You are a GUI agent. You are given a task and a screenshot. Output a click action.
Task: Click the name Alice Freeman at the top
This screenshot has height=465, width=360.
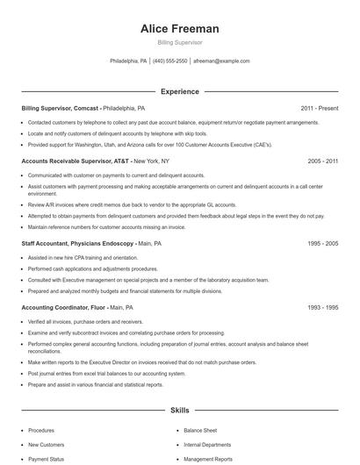(179, 29)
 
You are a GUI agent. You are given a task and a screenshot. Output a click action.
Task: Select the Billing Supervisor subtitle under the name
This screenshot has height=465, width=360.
(179, 42)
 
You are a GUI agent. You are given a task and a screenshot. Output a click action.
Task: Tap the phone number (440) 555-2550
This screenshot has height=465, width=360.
(170, 61)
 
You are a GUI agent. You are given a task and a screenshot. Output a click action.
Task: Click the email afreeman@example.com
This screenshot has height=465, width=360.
(221, 61)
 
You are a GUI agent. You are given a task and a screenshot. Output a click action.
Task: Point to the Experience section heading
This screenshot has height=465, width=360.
(179, 91)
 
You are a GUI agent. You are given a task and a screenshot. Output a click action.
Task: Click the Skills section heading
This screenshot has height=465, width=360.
(179, 410)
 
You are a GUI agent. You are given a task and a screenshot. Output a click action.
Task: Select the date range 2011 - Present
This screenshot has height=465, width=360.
(319, 108)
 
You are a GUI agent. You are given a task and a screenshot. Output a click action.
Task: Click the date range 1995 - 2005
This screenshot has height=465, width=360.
(322, 242)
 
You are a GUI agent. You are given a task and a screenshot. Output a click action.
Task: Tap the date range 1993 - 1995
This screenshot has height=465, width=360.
(322, 308)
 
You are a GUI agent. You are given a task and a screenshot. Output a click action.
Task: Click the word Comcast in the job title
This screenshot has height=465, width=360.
(86, 108)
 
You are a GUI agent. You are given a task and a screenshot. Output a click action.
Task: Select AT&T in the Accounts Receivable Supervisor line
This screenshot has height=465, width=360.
(119, 161)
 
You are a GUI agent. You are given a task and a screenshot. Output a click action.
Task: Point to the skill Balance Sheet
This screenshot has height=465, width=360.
(201, 431)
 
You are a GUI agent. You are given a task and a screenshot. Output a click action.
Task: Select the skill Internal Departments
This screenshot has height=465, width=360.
(208, 445)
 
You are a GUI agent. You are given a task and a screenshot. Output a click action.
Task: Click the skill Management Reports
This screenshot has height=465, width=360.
(208, 459)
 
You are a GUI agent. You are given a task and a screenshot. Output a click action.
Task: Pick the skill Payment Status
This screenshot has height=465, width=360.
(46, 459)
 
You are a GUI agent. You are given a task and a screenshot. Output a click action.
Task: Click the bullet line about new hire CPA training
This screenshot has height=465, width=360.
(83, 257)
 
